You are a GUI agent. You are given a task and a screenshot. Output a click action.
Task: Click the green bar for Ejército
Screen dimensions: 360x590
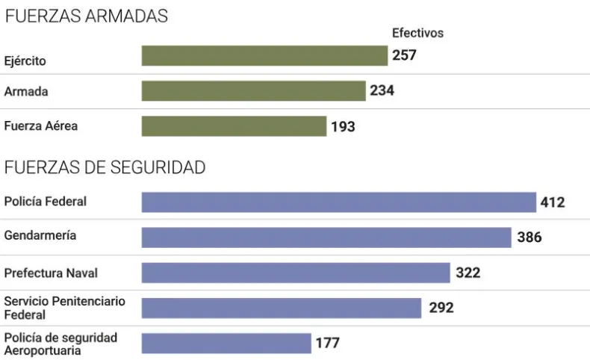[264, 56]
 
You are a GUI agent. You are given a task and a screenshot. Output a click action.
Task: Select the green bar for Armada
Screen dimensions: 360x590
[253, 91]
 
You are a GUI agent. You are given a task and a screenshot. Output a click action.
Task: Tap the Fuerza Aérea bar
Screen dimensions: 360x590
[234, 126]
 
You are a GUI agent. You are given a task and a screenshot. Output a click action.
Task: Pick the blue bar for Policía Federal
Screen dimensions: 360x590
[338, 202]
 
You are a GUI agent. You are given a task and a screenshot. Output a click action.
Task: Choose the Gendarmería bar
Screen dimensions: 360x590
[326, 238]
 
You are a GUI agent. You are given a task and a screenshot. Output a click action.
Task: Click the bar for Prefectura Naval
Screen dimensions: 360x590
[296, 273]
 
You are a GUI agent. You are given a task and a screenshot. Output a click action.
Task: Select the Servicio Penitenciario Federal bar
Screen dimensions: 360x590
[282, 308]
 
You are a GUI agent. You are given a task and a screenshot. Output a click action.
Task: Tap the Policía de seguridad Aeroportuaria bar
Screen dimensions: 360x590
[226, 343]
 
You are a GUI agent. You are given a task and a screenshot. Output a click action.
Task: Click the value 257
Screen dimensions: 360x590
[404, 55]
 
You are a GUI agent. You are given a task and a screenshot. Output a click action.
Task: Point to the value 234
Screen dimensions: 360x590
[382, 91]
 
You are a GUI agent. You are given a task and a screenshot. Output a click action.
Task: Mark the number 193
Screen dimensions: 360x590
[343, 127]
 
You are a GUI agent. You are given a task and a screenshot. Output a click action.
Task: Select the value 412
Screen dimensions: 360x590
[553, 202]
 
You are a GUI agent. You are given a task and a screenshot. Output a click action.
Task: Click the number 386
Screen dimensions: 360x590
[529, 238]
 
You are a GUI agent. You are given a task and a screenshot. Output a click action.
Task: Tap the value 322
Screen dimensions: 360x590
[468, 273]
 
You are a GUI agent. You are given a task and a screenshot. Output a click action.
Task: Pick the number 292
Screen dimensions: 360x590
[441, 308]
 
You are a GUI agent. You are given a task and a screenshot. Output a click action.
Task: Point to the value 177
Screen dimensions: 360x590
[327, 343]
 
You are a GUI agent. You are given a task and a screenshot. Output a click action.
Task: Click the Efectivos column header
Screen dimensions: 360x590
[417, 33]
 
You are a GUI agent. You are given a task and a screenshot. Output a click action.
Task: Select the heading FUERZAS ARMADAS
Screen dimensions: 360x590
[86, 16]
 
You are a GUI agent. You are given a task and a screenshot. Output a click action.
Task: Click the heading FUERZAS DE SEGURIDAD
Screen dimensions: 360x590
[105, 168]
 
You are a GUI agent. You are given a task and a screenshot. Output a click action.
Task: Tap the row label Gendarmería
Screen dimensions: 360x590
[40, 235]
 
